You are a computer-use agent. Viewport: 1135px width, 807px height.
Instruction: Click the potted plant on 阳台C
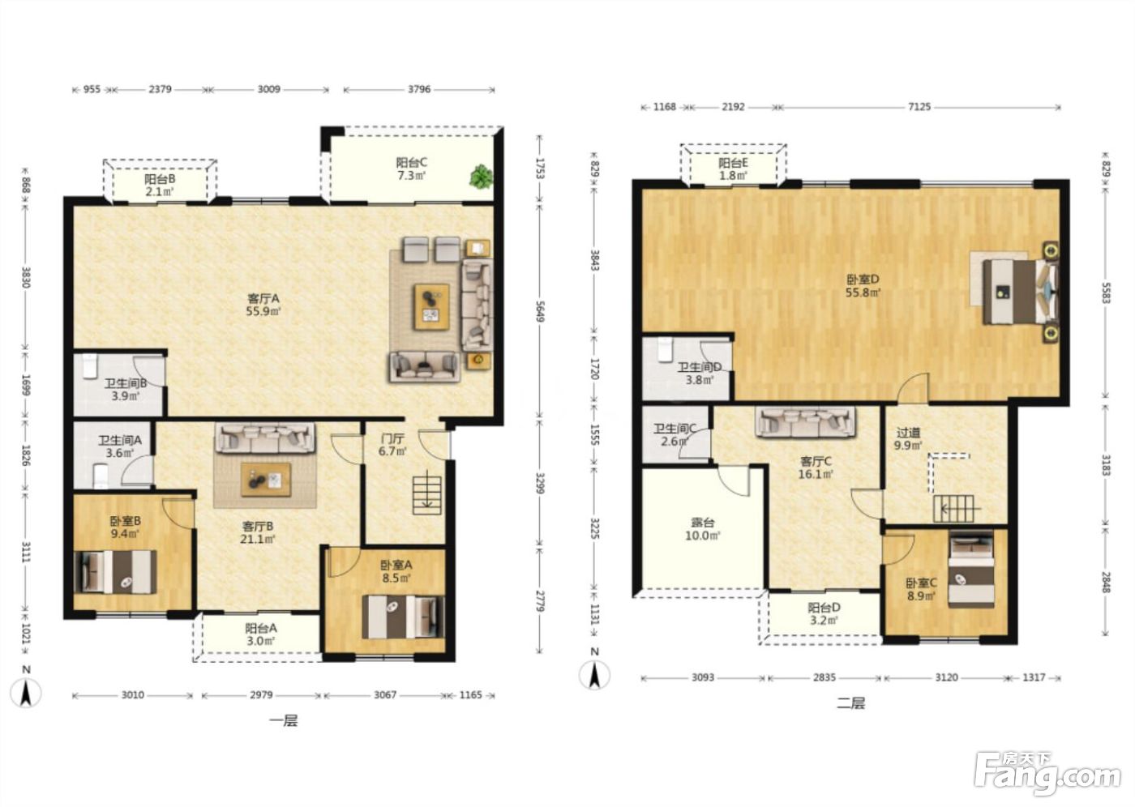481,177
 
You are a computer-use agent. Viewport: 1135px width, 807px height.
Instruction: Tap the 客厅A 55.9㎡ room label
263,305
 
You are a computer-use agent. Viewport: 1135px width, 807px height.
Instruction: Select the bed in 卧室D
1021,292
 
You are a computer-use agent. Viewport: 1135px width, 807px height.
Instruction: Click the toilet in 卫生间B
90,365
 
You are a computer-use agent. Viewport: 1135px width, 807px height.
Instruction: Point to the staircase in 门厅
426,495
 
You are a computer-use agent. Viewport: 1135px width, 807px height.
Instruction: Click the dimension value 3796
419,90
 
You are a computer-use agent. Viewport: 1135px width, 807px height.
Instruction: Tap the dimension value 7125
919,107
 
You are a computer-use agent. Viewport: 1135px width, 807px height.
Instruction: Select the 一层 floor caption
284,720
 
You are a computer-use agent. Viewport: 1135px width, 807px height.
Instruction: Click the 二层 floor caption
851,703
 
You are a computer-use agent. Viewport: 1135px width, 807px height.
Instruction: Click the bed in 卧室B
115,571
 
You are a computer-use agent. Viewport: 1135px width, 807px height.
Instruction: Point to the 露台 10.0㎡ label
703,528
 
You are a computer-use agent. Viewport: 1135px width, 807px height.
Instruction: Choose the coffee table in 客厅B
266,480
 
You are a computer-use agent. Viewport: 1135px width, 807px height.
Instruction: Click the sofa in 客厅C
805,421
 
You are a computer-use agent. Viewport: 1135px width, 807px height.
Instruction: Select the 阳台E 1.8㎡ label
733,169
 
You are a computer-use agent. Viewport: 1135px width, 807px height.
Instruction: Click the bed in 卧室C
971,570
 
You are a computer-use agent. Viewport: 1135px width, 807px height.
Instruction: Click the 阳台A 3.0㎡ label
261,634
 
